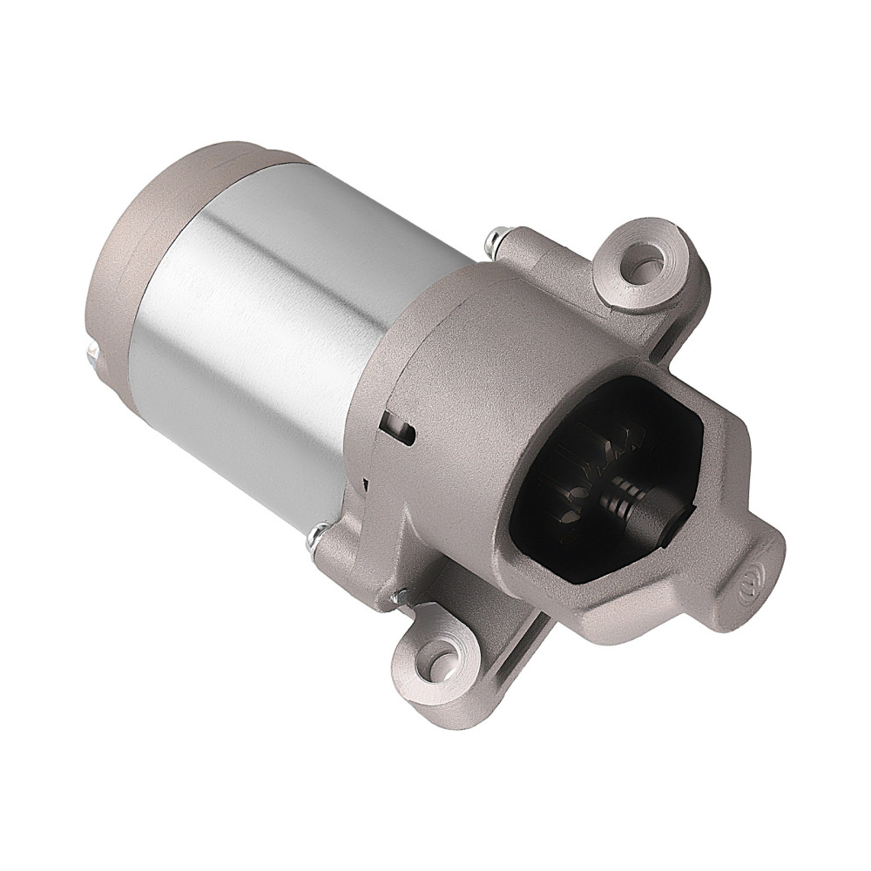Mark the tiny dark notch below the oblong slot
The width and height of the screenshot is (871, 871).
tap(367, 482)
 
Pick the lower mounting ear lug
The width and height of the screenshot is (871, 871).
tap(435, 658)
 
